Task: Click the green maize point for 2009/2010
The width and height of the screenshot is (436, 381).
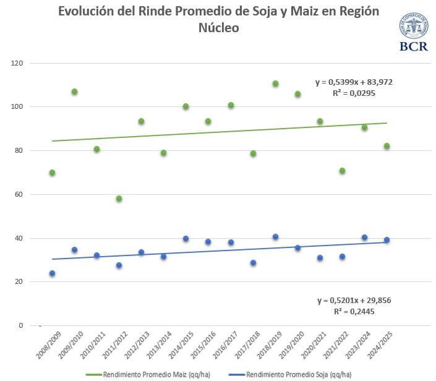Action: (x=74, y=92)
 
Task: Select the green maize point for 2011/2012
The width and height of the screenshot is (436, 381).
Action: (x=119, y=199)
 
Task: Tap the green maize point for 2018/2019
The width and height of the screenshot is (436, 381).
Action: (x=275, y=83)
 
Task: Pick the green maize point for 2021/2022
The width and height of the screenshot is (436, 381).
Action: (x=342, y=171)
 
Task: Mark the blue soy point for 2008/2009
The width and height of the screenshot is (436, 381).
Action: (x=52, y=273)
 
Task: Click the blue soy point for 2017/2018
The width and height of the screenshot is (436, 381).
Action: (x=253, y=263)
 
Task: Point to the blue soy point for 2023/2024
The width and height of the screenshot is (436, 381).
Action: (x=364, y=238)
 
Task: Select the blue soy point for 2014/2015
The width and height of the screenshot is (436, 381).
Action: (x=186, y=239)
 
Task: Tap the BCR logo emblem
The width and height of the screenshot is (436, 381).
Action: (x=413, y=27)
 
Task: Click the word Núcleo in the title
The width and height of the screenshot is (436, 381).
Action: (x=218, y=28)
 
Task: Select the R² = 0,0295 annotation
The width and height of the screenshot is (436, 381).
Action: (x=354, y=93)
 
